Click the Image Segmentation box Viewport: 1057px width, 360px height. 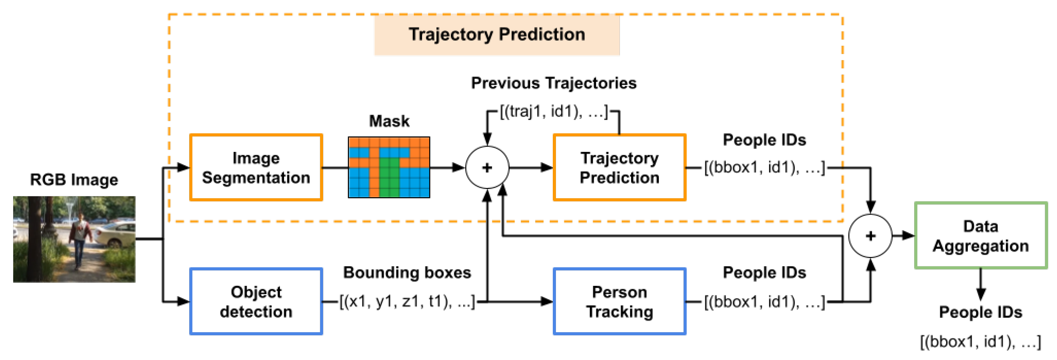click(256, 168)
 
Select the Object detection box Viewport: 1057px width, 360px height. click(256, 302)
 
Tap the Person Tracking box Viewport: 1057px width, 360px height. click(619, 302)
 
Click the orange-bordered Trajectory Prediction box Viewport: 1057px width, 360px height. click(619, 168)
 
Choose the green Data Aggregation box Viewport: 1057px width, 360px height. click(980, 236)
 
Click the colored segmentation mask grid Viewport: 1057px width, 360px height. click(389, 168)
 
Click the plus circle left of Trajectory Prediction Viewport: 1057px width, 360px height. click(487, 168)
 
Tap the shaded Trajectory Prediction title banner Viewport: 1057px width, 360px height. click(497, 35)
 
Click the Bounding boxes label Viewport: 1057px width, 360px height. click(407, 273)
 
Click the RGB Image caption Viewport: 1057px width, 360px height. click(74, 180)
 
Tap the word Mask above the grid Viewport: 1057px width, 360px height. click(389, 121)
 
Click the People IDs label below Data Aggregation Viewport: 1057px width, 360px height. click(980, 312)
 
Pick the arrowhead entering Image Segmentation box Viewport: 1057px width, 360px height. click(183, 168)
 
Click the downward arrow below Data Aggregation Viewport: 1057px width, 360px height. click(980, 292)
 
